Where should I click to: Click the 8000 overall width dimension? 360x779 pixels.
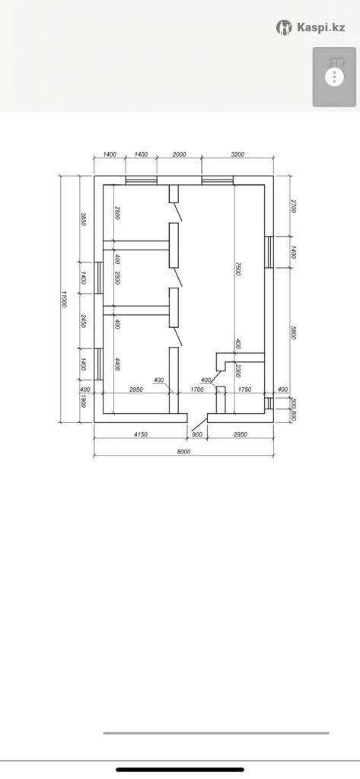point(184,452)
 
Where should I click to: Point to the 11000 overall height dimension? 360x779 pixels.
point(64,299)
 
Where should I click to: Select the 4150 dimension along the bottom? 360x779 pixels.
point(141,434)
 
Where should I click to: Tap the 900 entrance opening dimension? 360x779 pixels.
point(197,434)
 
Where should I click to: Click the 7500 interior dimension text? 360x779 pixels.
point(238,269)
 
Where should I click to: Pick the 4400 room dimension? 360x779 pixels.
point(117,364)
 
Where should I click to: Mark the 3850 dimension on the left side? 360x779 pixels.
point(84,220)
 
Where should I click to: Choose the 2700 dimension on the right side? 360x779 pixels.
point(293,206)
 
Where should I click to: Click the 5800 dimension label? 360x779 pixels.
point(293,332)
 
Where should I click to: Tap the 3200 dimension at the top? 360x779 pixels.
point(237,154)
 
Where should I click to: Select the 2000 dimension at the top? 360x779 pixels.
point(179,154)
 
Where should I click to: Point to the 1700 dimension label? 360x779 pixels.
point(197,389)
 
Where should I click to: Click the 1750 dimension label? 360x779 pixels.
point(244,389)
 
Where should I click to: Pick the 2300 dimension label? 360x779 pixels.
point(238,371)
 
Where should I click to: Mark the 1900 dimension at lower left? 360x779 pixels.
point(84,402)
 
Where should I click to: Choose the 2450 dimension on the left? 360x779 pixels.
point(84,321)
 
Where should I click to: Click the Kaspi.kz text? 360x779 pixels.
point(320,27)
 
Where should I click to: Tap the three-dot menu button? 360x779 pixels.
point(335,77)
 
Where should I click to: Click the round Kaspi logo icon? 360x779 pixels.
point(284,27)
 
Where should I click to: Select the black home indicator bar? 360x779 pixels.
point(180,770)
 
